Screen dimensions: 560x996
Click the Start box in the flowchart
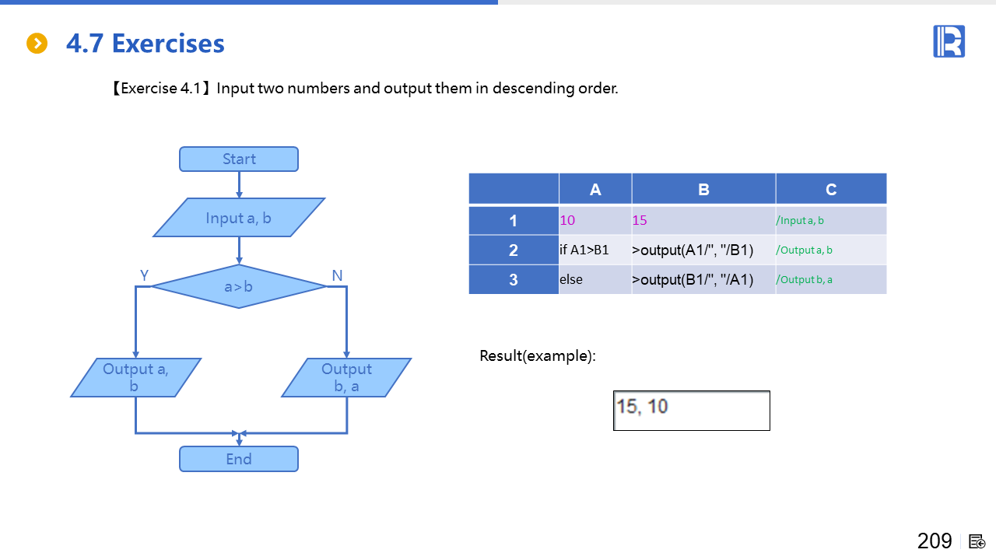[x=238, y=159]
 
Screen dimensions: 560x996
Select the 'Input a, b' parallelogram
[x=238, y=218]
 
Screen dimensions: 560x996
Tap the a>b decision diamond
[x=238, y=286]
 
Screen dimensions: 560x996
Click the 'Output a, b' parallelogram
[x=136, y=377]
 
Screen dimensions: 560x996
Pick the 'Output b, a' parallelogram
[x=346, y=377]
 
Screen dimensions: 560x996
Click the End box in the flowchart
[x=238, y=459]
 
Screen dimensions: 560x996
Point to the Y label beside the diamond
[x=144, y=275]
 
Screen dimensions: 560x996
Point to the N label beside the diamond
[x=337, y=275]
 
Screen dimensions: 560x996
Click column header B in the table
[x=703, y=190]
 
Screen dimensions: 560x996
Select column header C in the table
[x=831, y=190]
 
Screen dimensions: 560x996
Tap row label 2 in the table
[x=514, y=250]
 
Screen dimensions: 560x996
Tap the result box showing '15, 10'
[x=691, y=410]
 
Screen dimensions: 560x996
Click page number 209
[x=935, y=541]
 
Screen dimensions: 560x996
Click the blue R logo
[x=949, y=41]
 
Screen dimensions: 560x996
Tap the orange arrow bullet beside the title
[x=37, y=44]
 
